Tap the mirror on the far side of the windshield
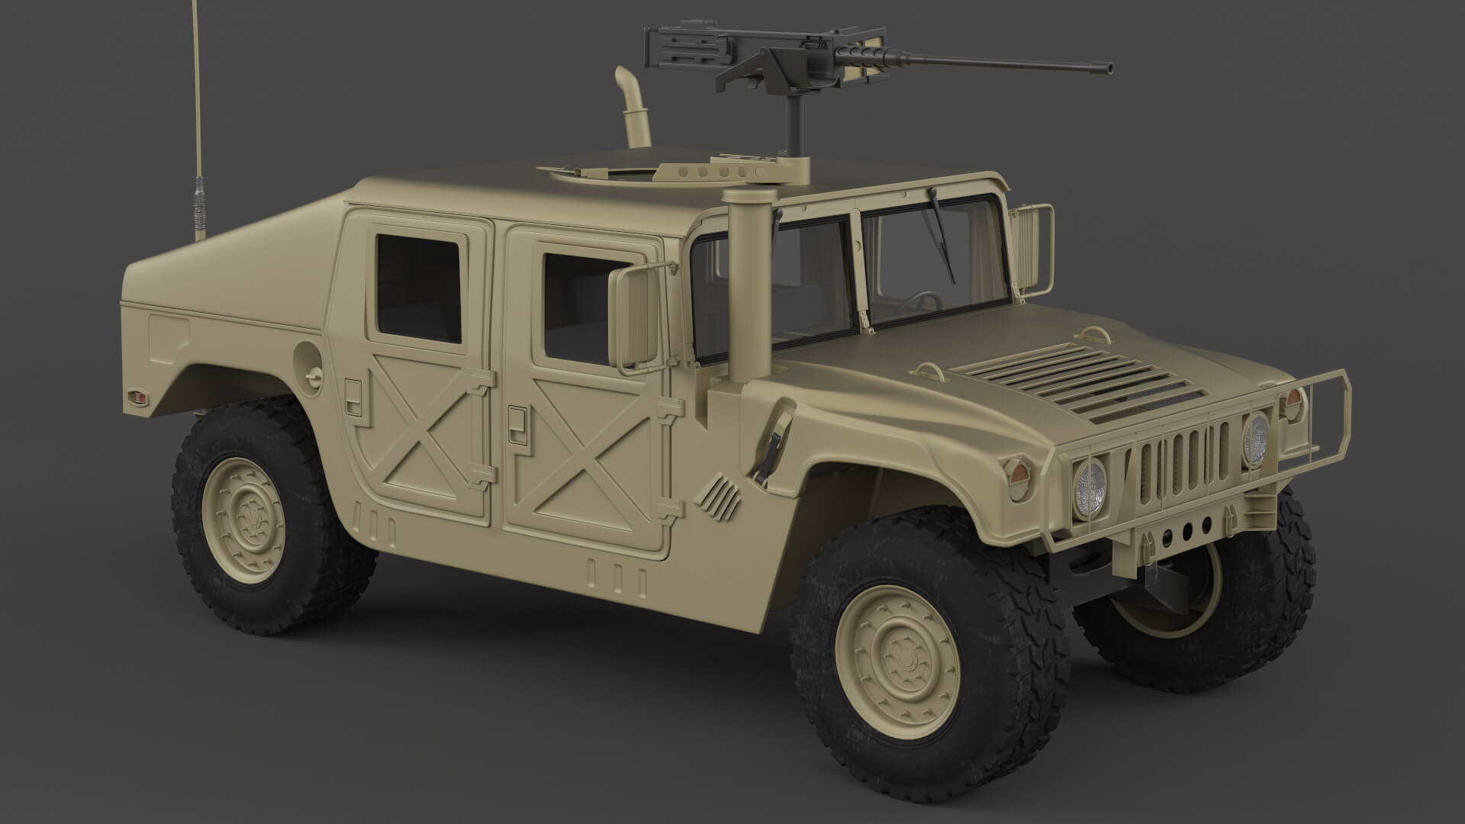pos(1035,247)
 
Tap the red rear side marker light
pos(137,396)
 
